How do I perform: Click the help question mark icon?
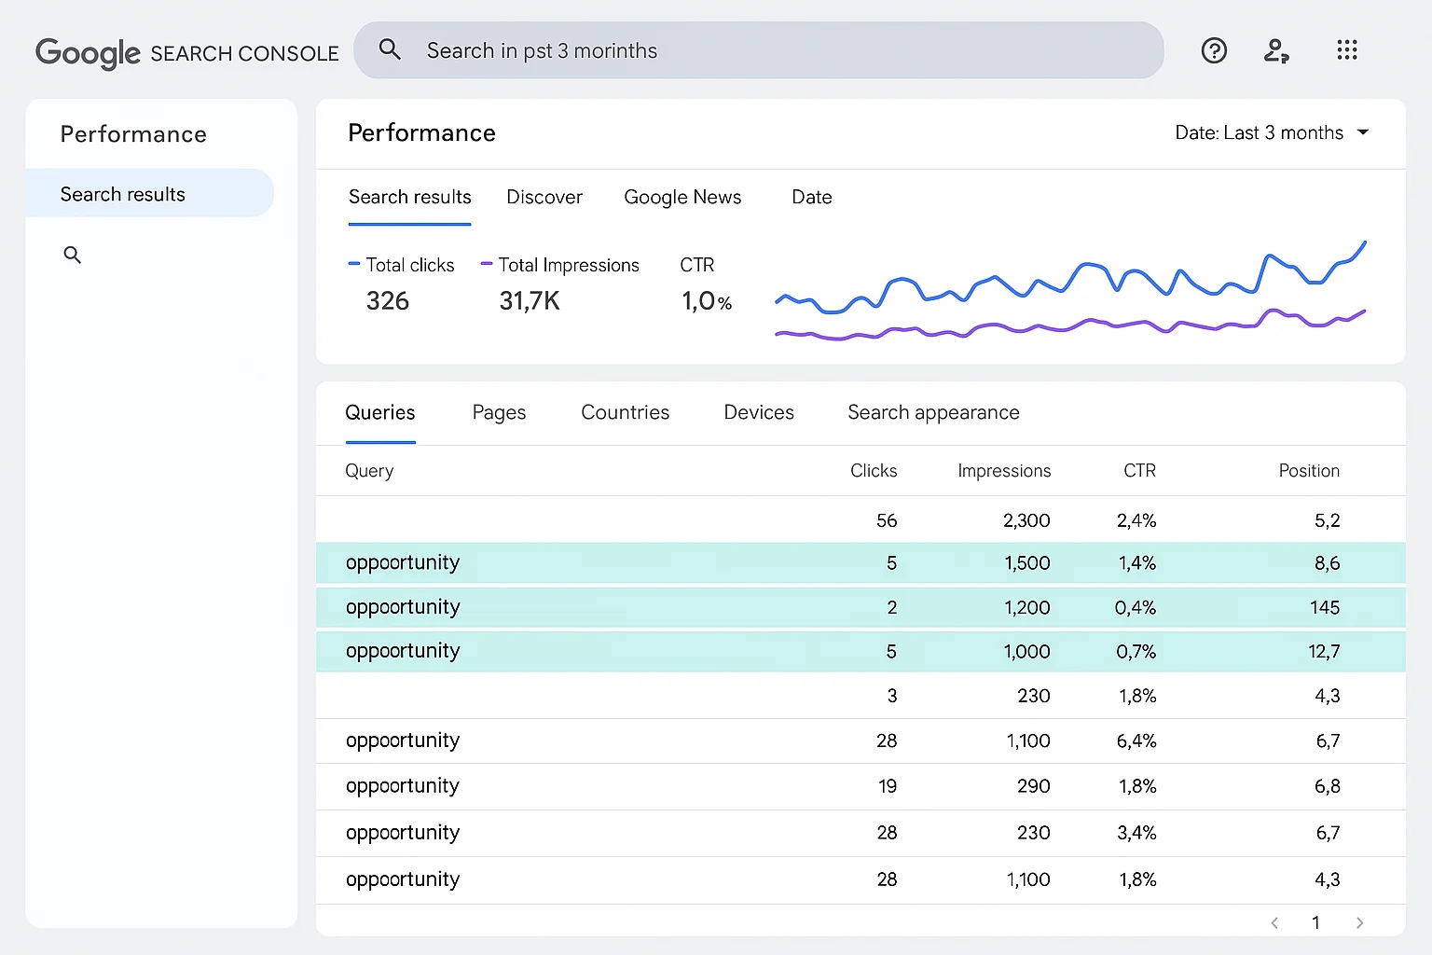pos(1214,50)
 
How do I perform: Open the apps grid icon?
pos(1346,50)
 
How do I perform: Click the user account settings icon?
pos(1276,50)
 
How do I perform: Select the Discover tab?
pos(544,197)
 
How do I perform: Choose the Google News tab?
pos(682,197)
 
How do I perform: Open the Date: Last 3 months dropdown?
pos(1272,132)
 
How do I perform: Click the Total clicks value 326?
pos(388,300)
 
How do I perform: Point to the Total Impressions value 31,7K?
pos(530,300)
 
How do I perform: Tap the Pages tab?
pos(499,412)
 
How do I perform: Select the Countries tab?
pos(625,412)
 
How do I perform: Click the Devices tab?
pos(759,412)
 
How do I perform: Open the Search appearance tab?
pos(933,412)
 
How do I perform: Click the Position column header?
pos(1309,471)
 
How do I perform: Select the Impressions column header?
pos(1004,471)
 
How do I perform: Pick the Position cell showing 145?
pos(1324,607)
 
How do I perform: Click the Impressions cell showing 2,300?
pos(1026,520)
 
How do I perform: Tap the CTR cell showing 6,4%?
pos(1136,740)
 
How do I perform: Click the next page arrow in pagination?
pos(1359,922)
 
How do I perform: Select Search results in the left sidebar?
pos(123,194)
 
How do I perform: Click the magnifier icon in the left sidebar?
pos(72,255)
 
